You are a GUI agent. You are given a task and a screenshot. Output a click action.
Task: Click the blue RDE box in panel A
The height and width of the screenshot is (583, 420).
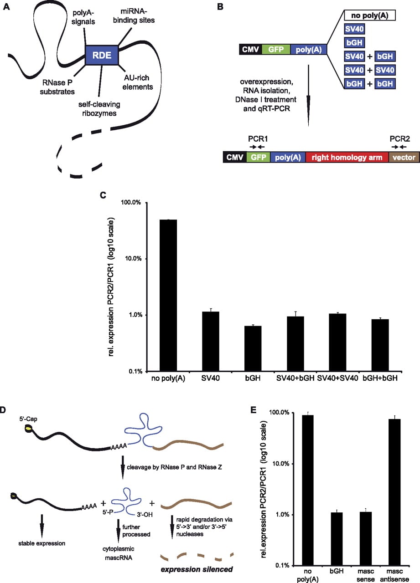pos(102,55)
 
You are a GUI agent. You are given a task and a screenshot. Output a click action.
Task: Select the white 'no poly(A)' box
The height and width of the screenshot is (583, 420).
pos(370,15)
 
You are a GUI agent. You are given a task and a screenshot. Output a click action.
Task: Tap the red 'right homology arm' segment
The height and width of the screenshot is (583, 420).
pos(347,157)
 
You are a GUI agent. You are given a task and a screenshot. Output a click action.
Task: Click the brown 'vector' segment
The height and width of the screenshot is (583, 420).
pos(404,157)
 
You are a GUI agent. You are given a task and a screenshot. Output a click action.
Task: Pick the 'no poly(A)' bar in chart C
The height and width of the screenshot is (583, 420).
pos(168,295)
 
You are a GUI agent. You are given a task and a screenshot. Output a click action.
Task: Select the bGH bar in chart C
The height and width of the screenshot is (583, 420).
pos(253,348)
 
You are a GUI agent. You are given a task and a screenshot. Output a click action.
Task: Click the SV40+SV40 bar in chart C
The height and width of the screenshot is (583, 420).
pos(337,342)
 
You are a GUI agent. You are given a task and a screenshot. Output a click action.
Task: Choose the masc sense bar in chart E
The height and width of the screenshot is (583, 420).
pos(366,538)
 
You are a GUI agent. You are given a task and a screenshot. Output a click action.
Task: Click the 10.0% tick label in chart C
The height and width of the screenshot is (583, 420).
pos(134,258)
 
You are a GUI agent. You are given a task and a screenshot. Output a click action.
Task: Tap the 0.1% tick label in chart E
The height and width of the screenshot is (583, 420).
pos(282,565)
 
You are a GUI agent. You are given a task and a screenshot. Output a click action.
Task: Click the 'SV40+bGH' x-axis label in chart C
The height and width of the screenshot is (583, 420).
pos(295,378)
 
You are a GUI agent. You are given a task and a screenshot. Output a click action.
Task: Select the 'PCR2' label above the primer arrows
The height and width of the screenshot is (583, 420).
pos(399,139)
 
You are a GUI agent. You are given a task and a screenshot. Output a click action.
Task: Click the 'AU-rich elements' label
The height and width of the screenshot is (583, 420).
pos(137,82)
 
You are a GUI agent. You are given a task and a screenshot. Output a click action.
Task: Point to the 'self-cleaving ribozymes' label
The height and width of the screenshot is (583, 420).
pos(99,109)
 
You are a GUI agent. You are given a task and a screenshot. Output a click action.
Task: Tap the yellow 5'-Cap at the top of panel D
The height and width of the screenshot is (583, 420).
pos(28,428)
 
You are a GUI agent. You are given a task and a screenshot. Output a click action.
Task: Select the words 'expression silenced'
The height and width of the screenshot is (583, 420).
pos(197,569)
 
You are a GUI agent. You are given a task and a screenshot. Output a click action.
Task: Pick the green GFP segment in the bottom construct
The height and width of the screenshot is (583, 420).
pos(259,157)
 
